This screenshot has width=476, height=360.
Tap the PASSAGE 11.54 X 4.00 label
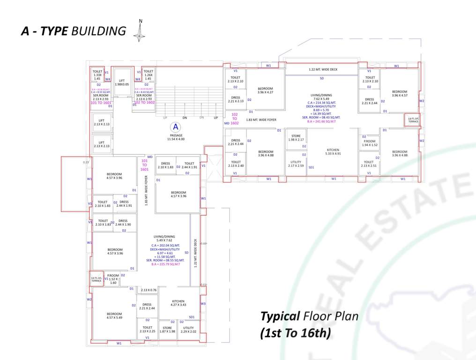coord(176,137)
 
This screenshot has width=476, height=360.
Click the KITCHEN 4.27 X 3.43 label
coord(178,303)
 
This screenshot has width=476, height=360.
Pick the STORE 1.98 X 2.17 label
coord(296,138)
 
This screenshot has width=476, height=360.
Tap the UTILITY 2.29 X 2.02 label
coord(188,330)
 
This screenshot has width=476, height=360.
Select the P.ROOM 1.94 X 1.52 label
coord(370,143)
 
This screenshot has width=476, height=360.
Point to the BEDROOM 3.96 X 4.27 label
coord(265,90)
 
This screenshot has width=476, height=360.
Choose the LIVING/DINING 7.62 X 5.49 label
coord(321,97)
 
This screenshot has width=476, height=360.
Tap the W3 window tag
coord(203,304)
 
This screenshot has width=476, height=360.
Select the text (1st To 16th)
coord(296,333)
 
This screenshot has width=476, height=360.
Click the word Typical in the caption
coord(280,316)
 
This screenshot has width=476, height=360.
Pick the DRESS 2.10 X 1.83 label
coord(165,165)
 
